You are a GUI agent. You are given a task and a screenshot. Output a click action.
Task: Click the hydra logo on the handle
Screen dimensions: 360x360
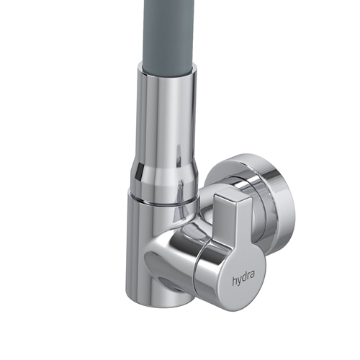(243, 279)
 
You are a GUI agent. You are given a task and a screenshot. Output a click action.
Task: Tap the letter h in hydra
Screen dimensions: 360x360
(234, 281)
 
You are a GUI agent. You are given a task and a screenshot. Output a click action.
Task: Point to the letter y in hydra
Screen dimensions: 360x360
(239, 282)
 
